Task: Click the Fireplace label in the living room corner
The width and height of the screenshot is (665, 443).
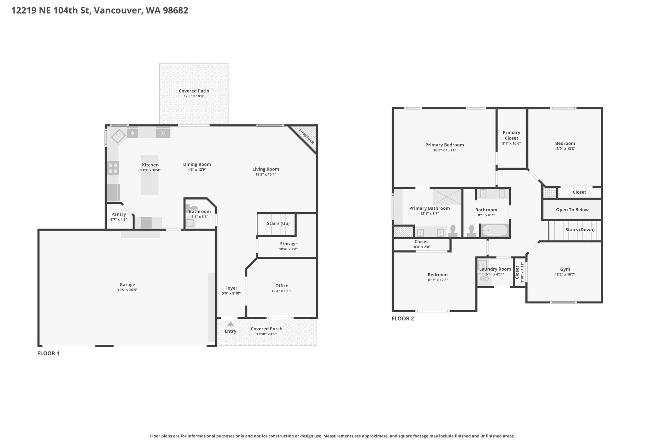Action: (x=307, y=136)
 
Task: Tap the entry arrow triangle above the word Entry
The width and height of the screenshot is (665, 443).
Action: (x=230, y=324)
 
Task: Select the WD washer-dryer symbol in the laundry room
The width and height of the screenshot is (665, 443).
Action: (x=484, y=279)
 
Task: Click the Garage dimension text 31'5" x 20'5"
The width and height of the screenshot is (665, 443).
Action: (x=127, y=290)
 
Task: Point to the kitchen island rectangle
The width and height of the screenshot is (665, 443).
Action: (x=150, y=175)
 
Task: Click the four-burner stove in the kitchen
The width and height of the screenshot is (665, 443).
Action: (x=113, y=168)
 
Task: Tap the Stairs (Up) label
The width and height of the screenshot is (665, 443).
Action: (x=278, y=223)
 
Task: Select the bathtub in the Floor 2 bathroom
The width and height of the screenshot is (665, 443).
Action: (x=495, y=230)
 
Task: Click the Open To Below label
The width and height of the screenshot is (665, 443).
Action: (x=572, y=210)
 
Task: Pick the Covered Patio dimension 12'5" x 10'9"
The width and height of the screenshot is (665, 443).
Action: (x=194, y=96)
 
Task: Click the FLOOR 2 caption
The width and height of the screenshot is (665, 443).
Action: (x=403, y=318)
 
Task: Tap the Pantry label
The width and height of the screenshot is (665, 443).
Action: (x=119, y=214)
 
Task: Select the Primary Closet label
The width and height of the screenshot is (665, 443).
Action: (x=511, y=135)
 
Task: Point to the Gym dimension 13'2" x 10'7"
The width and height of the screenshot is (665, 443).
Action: (x=565, y=274)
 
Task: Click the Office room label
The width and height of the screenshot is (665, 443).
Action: (x=282, y=286)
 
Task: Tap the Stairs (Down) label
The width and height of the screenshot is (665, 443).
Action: (x=580, y=229)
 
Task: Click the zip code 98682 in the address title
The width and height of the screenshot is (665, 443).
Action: (x=175, y=10)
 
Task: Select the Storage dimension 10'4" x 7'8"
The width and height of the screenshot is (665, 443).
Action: (x=288, y=249)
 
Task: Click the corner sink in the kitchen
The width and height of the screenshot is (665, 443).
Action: (x=119, y=136)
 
